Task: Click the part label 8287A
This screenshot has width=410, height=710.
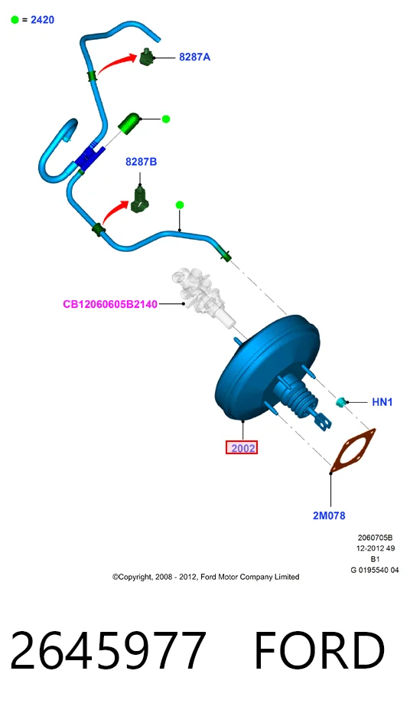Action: (194, 57)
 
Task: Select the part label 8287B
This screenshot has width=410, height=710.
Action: (141, 162)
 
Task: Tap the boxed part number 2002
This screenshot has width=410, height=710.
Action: (242, 448)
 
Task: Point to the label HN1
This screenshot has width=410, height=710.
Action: (382, 401)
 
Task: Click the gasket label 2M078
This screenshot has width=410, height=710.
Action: (329, 515)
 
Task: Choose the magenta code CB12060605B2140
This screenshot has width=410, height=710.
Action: (110, 304)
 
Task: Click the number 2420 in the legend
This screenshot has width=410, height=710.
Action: (43, 20)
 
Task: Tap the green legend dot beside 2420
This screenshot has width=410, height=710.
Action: (15, 20)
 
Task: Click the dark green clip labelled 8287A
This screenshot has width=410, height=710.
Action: (147, 57)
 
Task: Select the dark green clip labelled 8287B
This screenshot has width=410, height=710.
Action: (140, 201)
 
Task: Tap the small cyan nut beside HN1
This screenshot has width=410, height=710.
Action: (341, 401)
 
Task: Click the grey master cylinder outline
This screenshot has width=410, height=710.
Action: (201, 296)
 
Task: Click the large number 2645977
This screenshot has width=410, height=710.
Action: (108, 649)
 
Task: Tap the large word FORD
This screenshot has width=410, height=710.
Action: (319, 649)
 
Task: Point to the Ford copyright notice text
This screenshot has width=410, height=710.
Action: (206, 577)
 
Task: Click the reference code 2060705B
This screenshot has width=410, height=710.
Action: (375, 538)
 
